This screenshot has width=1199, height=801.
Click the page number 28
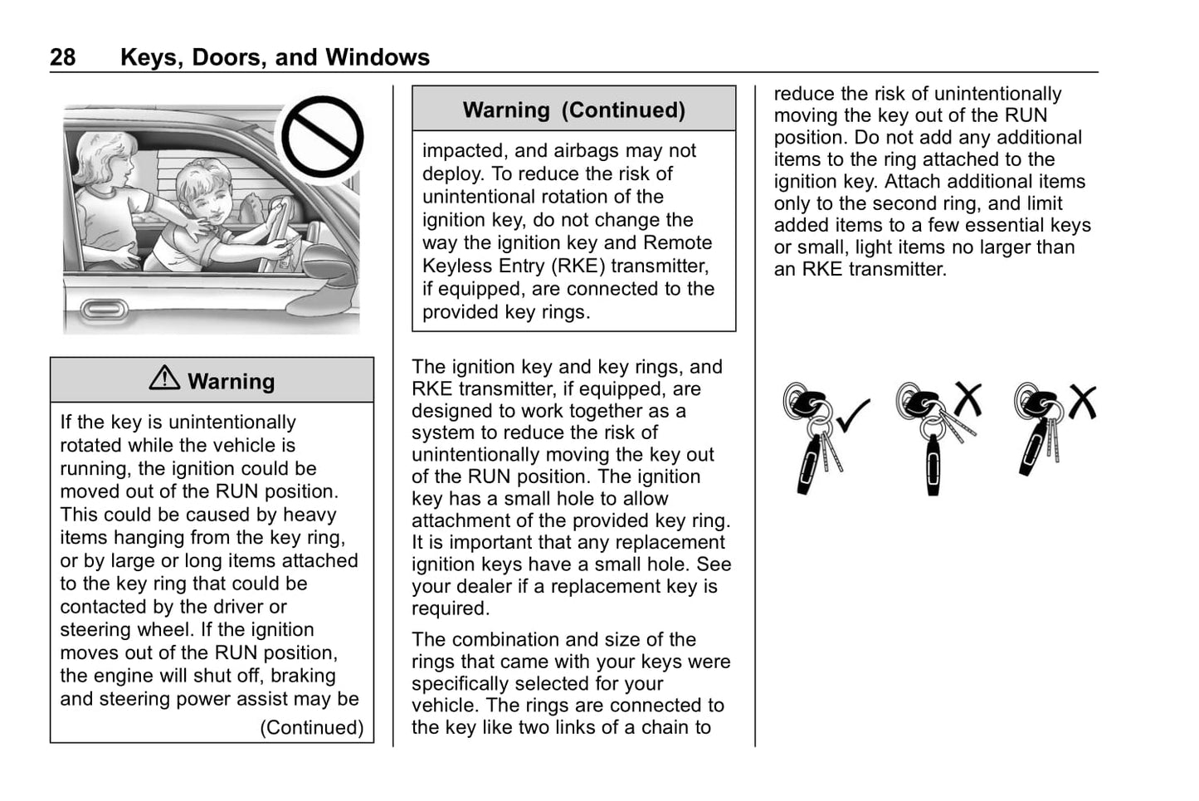(62, 57)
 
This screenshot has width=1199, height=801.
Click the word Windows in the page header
(378, 57)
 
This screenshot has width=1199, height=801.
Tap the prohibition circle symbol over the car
(322, 137)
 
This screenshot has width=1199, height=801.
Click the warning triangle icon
(164, 379)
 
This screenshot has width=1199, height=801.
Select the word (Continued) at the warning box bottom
(312, 728)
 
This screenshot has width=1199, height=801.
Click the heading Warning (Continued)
(573, 110)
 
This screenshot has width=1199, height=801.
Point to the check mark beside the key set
(853, 414)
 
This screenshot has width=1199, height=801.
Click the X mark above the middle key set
(967, 399)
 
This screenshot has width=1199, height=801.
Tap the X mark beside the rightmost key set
(1082, 403)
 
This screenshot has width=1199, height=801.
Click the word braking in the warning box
(303, 676)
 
